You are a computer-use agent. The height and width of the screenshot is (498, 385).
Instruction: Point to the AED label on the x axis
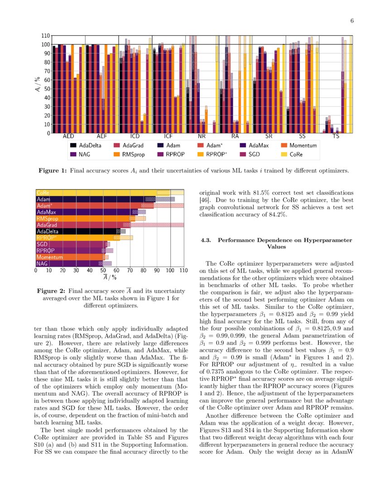click(68, 136)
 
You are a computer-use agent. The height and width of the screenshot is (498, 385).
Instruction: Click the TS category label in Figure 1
click(336, 136)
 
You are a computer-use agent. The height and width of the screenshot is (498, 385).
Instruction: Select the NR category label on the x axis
click(202, 136)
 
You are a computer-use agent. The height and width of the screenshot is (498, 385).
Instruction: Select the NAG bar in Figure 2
click(68, 263)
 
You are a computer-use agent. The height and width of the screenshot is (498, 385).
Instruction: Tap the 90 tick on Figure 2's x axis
click(157, 270)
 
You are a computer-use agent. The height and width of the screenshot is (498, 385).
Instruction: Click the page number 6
click(352, 21)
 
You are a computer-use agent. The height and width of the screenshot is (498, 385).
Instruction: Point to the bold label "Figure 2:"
click(52, 291)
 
